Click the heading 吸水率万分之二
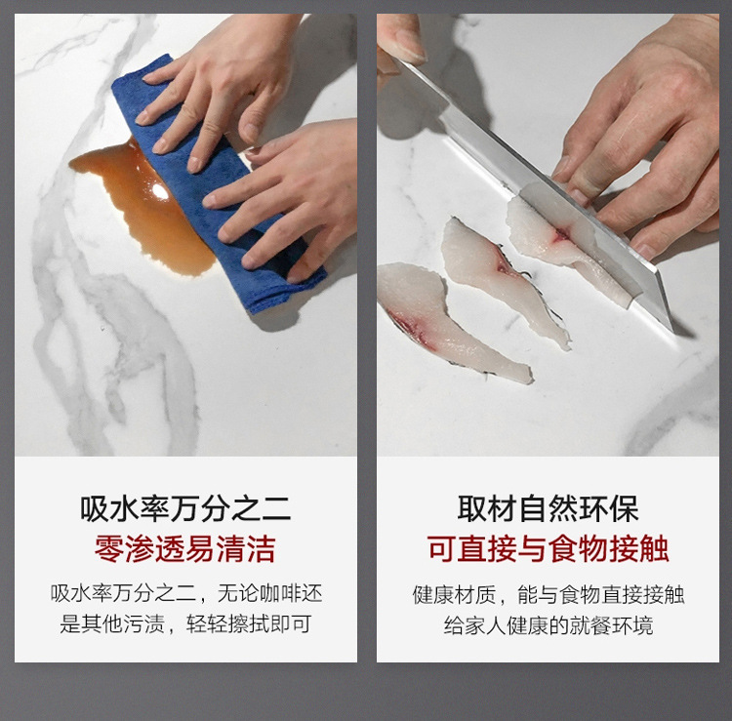(185, 508)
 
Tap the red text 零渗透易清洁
(185, 548)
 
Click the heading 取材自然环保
(548, 508)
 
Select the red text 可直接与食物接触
(548, 548)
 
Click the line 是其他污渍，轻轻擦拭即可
(185, 624)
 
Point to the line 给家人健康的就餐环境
(548, 624)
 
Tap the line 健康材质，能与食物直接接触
(548, 594)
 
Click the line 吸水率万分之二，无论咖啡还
(185, 594)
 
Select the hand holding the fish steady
(644, 146)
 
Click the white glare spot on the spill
(159, 192)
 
